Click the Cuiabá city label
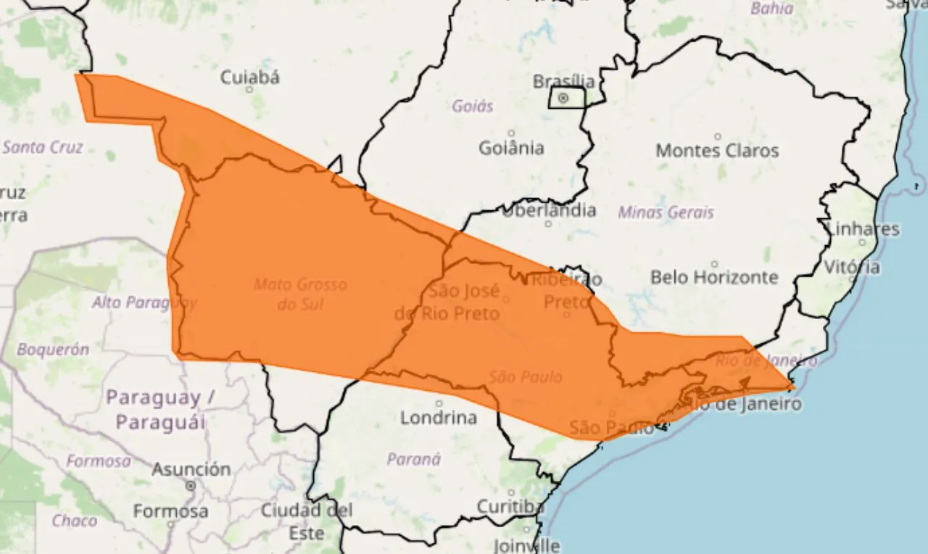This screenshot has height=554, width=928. (x=249, y=77)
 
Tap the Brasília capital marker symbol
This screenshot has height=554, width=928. (x=563, y=98)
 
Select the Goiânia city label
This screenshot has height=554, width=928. (x=511, y=148)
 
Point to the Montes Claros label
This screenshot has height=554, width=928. (x=717, y=151)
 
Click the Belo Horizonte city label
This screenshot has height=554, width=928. (x=714, y=277)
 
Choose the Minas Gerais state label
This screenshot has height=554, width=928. (x=666, y=212)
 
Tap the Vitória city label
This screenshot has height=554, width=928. (x=852, y=267)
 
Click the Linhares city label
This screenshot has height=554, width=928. (x=863, y=229)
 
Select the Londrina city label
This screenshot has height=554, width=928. (x=439, y=418)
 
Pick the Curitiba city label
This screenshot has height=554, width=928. (x=510, y=505)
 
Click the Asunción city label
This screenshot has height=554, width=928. (x=191, y=470)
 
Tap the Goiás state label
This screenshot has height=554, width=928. (x=473, y=107)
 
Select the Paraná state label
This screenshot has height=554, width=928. (x=413, y=459)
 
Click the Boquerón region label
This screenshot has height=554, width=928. (x=53, y=350)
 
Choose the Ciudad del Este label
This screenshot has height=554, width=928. (x=307, y=521)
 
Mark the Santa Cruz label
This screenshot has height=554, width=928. (x=43, y=147)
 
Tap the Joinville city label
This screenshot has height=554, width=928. (x=527, y=544)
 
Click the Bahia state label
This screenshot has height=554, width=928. (x=772, y=9)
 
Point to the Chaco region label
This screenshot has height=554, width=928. (x=74, y=521)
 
